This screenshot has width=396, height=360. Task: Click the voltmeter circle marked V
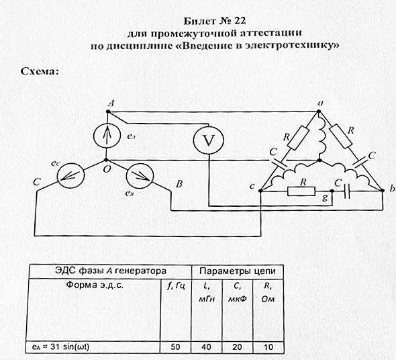(x=209, y=140)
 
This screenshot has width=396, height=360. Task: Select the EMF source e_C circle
(x=70, y=176)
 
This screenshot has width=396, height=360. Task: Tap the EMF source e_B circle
(x=140, y=175)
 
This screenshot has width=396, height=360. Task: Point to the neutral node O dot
(x=106, y=160)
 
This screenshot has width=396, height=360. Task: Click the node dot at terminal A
(x=108, y=111)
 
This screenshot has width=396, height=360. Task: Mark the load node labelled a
(x=319, y=111)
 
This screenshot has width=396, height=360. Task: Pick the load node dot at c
(x=261, y=191)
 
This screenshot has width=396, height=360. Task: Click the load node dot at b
(x=383, y=191)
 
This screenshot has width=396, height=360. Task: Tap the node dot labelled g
(x=332, y=191)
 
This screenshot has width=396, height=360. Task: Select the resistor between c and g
(x=301, y=191)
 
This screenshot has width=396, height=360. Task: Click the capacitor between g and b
(x=347, y=191)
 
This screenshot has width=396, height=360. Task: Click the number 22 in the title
(x=240, y=21)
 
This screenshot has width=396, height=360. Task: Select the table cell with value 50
(x=175, y=347)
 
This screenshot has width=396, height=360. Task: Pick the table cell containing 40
(x=206, y=347)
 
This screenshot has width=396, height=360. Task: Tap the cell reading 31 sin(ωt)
(x=60, y=347)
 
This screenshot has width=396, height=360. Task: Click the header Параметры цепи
(x=238, y=271)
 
